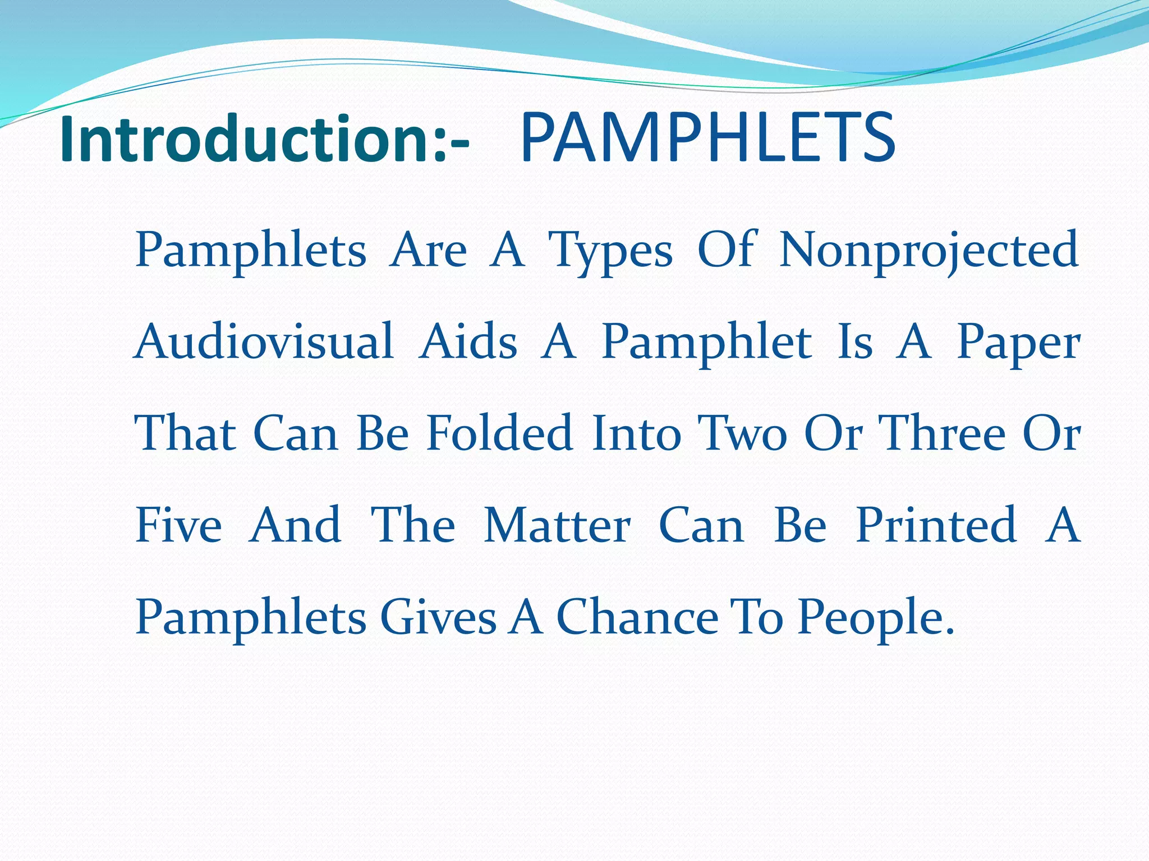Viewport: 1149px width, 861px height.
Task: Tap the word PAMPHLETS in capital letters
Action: tap(707, 139)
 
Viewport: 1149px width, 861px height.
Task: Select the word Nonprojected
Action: tap(929, 250)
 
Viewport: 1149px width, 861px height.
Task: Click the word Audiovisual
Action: tap(264, 342)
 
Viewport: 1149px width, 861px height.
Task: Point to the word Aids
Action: tap(468, 342)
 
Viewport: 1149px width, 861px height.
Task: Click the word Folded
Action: tap(499, 433)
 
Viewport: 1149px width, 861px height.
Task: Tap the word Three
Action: tap(942, 433)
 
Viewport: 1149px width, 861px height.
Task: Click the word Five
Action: tap(179, 525)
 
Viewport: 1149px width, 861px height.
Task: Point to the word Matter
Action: tap(557, 525)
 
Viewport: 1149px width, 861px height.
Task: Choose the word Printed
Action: tap(936, 525)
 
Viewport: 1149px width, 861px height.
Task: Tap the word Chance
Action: tap(637, 617)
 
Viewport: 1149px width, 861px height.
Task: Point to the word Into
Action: tap(636, 433)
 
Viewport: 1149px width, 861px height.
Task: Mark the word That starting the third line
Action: tap(186, 433)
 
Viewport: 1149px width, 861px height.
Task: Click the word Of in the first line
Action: tap(727, 249)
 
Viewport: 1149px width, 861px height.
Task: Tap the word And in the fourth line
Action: tap(295, 525)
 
